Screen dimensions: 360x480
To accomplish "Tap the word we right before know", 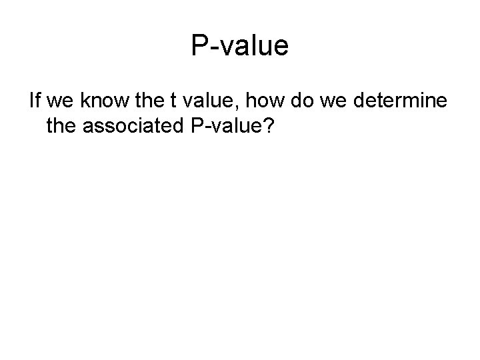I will coord(59,102).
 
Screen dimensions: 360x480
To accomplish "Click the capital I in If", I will coord(31,102).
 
